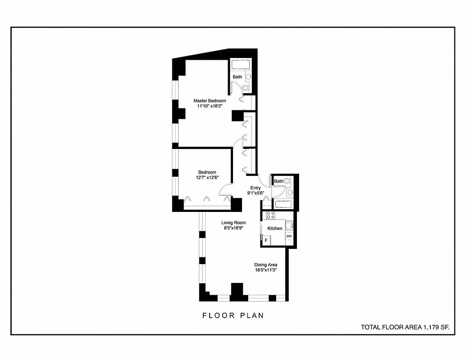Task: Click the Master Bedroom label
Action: click(x=210, y=101)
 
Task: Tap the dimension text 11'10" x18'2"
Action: click(x=210, y=107)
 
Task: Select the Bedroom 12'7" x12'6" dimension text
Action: click(x=207, y=178)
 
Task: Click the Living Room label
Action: click(x=233, y=222)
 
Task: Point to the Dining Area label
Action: click(x=265, y=265)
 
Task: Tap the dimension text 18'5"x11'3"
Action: click(x=265, y=270)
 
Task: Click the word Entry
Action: click(x=255, y=188)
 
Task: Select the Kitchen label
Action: click(x=275, y=228)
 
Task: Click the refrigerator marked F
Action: click(x=266, y=241)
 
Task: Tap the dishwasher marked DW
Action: click(x=289, y=236)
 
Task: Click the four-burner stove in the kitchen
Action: click(x=270, y=215)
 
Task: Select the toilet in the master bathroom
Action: click(x=246, y=88)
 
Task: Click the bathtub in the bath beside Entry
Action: click(x=284, y=205)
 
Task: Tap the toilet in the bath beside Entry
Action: click(x=287, y=181)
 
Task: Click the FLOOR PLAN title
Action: click(x=233, y=315)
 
